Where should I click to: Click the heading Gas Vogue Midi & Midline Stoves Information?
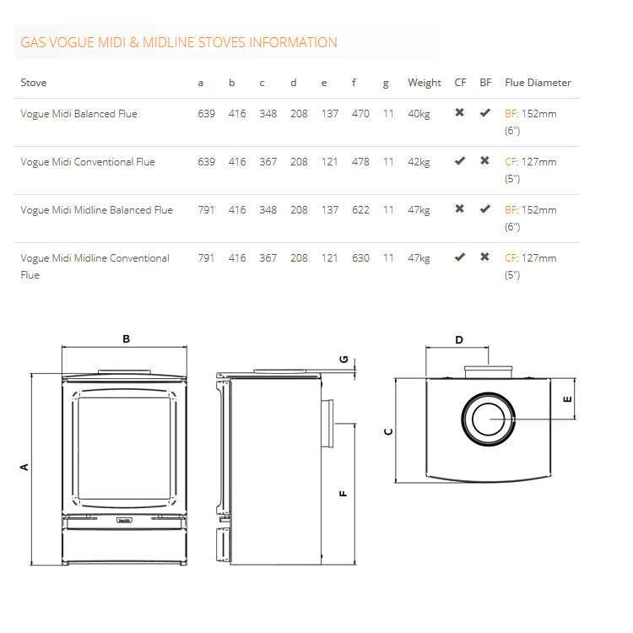(x=178, y=42)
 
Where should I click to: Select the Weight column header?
(x=424, y=83)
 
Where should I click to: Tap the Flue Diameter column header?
(x=538, y=83)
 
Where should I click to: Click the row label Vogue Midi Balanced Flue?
(x=78, y=114)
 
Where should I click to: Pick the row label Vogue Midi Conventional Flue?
(x=88, y=162)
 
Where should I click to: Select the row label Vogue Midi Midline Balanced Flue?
(x=96, y=210)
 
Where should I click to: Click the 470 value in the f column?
(x=360, y=114)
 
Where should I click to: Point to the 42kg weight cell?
(x=419, y=162)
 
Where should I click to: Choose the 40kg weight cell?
(x=419, y=114)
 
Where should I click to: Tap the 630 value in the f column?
(x=360, y=258)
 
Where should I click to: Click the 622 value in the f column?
(x=360, y=210)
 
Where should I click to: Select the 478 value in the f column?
(x=360, y=162)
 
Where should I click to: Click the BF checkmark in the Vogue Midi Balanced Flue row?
(x=484, y=112)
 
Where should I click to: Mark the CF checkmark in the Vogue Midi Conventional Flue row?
(x=459, y=160)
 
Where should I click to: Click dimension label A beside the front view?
(x=24, y=467)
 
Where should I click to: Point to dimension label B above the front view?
(x=126, y=339)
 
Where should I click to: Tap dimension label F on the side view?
(x=344, y=494)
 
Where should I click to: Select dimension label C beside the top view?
(x=388, y=431)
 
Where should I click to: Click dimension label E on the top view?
(x=567, y=398)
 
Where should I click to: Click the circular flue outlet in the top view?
(x=487, y=419)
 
